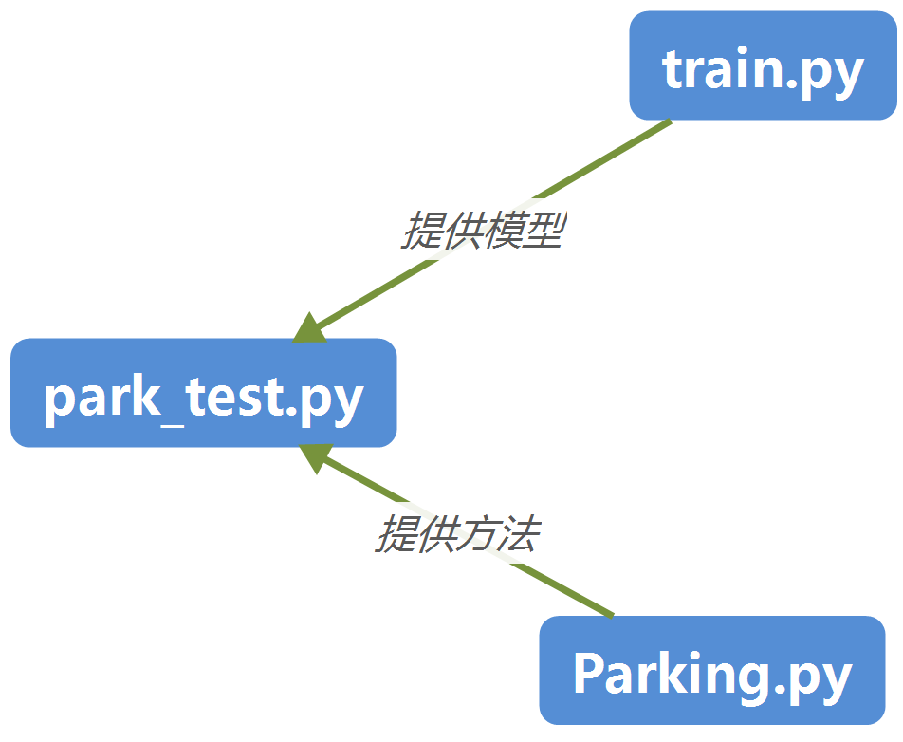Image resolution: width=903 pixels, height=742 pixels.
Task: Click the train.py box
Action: [763, 66]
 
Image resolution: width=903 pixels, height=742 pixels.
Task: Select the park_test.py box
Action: [203, 393]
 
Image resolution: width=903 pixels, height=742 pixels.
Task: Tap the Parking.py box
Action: [711, 672]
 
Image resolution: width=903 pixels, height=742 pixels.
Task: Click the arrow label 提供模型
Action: [484, 231]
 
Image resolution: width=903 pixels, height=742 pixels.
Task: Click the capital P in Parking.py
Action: [590, 674]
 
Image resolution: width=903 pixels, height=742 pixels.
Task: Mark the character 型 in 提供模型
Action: [544, 231]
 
